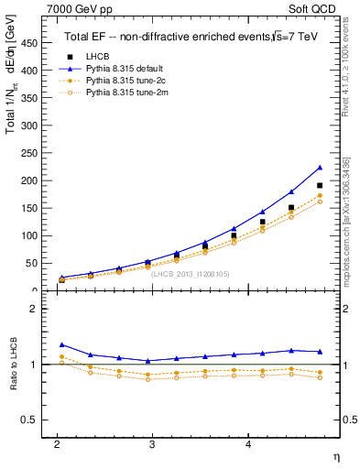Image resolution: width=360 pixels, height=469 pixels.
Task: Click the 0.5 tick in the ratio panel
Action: coord(31,420)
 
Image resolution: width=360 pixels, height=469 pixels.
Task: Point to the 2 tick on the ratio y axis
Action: coord(35,309)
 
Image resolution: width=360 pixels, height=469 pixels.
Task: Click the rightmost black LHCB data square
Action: coord(320,186)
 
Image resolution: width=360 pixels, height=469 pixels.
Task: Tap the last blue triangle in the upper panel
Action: coord(320,168)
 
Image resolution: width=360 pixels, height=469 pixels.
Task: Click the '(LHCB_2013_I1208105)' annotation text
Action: coord(191,273)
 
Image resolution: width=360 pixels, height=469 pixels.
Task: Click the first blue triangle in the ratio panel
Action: coord(61,344)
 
